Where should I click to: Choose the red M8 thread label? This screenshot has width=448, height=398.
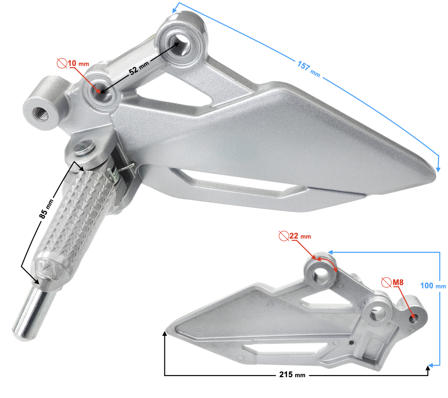click(397, 283)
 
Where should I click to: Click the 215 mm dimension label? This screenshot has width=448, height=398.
click(293, 374)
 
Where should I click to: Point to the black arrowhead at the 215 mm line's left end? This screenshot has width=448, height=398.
click(165, 334)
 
